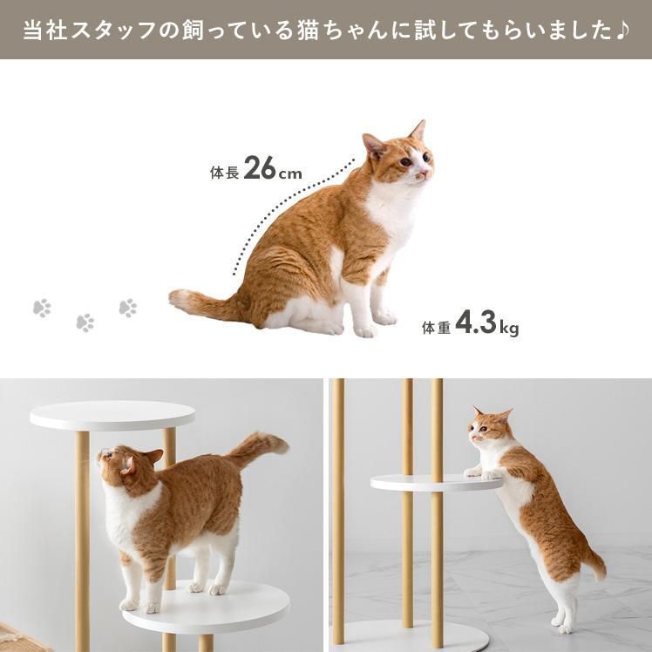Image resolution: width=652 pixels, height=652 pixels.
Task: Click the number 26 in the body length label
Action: point(260,167)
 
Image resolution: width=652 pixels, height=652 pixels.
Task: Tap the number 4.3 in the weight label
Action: point(476,323)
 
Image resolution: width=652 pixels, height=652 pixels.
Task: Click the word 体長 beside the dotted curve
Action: point(225,172)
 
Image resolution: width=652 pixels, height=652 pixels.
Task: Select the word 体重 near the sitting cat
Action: point(436,328)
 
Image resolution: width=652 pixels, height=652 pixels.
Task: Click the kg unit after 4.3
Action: point(509,329)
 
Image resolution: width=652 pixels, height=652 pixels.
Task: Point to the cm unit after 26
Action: point(290,173)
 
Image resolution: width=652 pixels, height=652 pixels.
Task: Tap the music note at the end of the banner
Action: point(621,30)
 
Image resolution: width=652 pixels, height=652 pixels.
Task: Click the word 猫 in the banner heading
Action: point(308,31)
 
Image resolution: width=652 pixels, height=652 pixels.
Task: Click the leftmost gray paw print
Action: point(42,308)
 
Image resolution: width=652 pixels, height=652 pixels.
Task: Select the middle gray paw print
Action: point(85,323)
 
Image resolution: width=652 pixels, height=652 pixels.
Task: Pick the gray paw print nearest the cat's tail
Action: point(128,308)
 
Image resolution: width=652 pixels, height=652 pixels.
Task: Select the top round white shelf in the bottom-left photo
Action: point(112,415)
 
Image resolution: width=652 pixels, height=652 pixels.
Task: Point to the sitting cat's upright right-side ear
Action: point(418,130)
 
